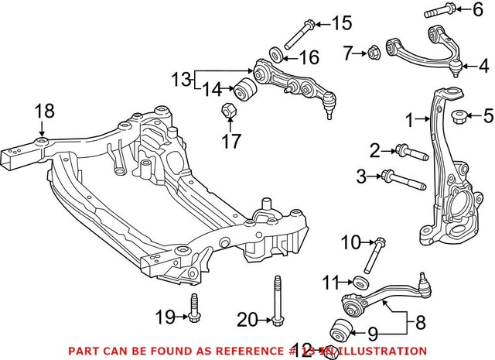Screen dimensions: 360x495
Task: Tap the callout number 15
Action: [342, 23]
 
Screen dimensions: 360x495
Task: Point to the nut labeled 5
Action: [457, 118]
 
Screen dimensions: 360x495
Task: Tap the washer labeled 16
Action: [275, 55]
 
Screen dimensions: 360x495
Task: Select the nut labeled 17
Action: [229, 111]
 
